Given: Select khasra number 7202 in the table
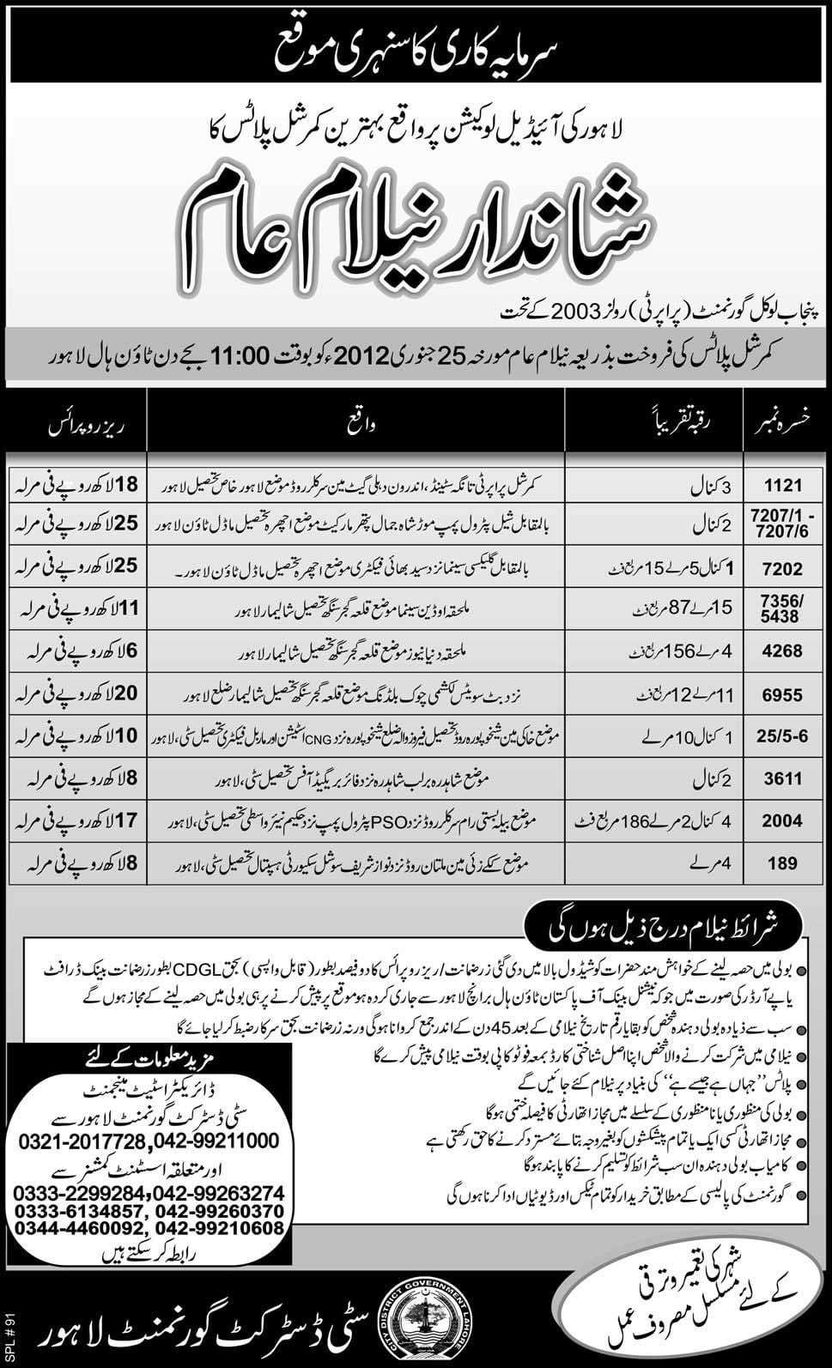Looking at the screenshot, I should click(x=786, y=569).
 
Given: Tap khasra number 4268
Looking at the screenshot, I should click(x=786, y=652).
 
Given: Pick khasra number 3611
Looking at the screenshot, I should click(x=786, y=779).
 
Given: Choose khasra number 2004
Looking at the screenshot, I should click(x=786, y=821).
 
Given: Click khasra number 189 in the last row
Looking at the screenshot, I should click(x=786, y=863).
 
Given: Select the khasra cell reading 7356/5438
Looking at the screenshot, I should click(x=786, y=610).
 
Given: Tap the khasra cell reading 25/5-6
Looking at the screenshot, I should click(x=786, y=736).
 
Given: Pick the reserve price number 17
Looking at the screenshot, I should click(x=131, y=821).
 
